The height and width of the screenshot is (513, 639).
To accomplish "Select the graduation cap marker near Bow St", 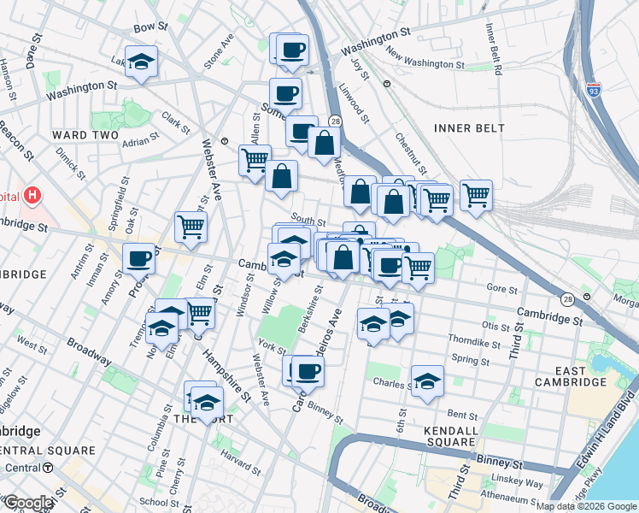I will [141, 62].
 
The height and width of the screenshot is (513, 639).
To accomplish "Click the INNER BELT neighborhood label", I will [469, 128].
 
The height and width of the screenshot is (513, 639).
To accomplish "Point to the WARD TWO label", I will [85, 135].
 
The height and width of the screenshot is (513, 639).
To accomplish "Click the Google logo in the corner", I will [27, 502].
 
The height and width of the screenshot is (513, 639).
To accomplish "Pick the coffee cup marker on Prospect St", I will [138, 258].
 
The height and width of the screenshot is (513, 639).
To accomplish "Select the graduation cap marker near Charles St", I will [427, 381].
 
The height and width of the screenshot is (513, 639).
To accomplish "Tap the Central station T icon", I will [48, 468].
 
